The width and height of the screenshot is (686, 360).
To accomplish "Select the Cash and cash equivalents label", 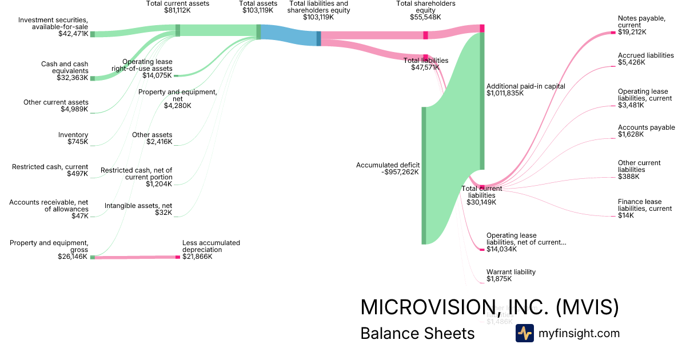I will coord(65,67).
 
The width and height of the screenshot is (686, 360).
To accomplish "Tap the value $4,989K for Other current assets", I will coord(74,109).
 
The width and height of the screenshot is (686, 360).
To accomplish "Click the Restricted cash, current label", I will coord(50,167).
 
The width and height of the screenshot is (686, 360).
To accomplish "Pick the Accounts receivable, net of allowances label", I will coord(49,205).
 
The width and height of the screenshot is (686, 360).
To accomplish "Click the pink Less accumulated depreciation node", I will coord(178,257).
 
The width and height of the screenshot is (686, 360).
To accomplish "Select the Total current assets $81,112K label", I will coord(178,7).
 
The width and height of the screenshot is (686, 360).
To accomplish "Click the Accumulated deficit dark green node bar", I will coord(424,175).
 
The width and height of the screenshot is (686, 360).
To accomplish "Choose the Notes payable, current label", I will coord(641,22).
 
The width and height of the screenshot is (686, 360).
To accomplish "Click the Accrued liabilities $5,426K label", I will coord(645,59).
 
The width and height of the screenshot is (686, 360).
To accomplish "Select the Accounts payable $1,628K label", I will coord(646,131).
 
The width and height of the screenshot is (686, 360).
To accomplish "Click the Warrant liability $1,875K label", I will coord(511,275).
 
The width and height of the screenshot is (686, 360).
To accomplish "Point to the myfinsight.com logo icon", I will coord(524,333).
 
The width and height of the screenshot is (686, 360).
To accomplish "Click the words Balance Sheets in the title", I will coord(417,333).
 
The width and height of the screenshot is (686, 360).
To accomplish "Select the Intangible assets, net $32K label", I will coord(138,209).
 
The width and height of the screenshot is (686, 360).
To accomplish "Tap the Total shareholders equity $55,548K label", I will coord(426,10).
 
